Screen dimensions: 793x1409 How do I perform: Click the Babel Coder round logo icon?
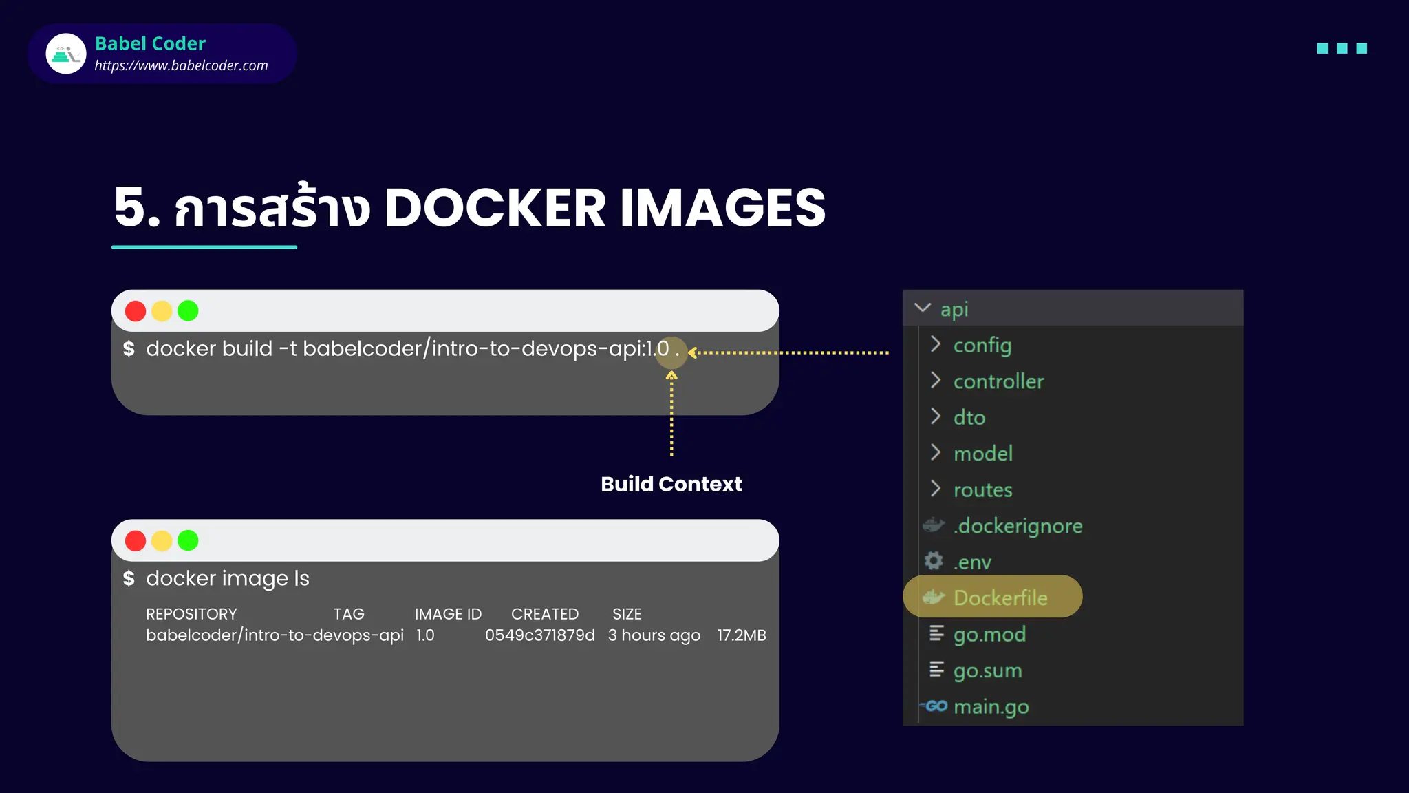pos(66,54)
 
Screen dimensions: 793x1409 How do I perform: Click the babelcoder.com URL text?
pos(181,65)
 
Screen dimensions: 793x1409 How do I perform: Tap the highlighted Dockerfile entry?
pos(1000,598)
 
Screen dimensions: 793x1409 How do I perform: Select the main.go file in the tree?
pos(991,706)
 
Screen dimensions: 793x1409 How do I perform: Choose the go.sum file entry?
pos(987,670)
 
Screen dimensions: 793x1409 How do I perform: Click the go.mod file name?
pos(989,634)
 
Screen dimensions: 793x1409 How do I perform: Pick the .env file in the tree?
pos(972,562)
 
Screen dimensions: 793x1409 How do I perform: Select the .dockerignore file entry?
pos(1018,526)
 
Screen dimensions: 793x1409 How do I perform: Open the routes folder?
pos(982,489)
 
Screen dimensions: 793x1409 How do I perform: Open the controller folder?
pos(998,381)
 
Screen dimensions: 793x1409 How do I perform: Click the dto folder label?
pos(969,417)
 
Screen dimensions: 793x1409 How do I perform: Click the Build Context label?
pos(671,484)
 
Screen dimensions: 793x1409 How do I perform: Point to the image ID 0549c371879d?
pos(540,635)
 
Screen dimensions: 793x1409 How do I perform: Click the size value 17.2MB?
pos(741,635)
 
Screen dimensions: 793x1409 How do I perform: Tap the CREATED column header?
pos(544,614)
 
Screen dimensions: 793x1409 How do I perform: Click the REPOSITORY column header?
pos(191,614)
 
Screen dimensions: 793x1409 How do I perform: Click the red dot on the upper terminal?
pos(136,311)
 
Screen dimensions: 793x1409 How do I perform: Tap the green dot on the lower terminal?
pos(188,541)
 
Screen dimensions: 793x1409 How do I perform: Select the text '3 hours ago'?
pos(654,635)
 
